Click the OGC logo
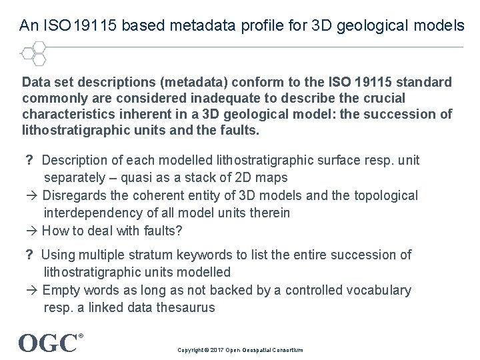[x=48, y=343]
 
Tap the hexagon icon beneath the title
[x=33, y=54]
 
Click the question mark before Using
[x=29, y=255]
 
